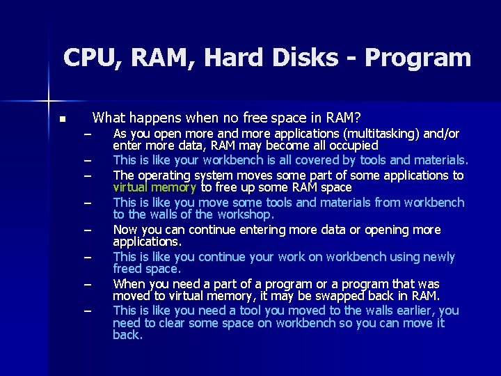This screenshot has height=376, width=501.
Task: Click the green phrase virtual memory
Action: (155, 187)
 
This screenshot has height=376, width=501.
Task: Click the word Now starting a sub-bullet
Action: (125, 230)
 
